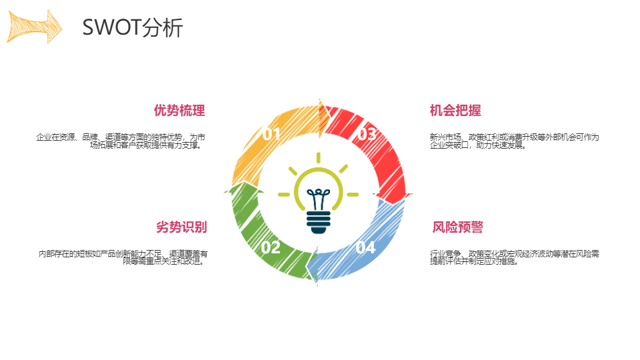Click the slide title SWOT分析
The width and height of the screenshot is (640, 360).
point(133,27)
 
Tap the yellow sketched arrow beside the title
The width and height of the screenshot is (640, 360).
point(34,27)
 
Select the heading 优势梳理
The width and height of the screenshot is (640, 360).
point(179,110)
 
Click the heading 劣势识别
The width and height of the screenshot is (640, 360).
point(181,227)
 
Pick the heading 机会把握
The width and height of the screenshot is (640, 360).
point(455,110)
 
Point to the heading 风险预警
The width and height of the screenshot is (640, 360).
point(457,227)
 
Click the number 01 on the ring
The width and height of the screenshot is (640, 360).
point(271,134)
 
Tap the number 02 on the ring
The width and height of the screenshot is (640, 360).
point(271,247)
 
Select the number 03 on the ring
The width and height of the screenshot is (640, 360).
point(367,134)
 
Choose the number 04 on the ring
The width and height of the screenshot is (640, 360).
point(365,247)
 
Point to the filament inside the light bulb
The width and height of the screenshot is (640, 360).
point(319,199)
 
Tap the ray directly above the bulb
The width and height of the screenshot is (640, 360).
point(319,158)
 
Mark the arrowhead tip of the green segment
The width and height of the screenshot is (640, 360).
point(245,181)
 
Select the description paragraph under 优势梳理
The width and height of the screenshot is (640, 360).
point(121,141)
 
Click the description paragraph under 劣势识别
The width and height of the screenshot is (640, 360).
point(123,257)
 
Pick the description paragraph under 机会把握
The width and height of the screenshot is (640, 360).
point(514,141)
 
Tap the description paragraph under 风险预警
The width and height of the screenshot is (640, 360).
point(514,257)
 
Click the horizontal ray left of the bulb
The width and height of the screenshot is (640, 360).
point(284,195)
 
